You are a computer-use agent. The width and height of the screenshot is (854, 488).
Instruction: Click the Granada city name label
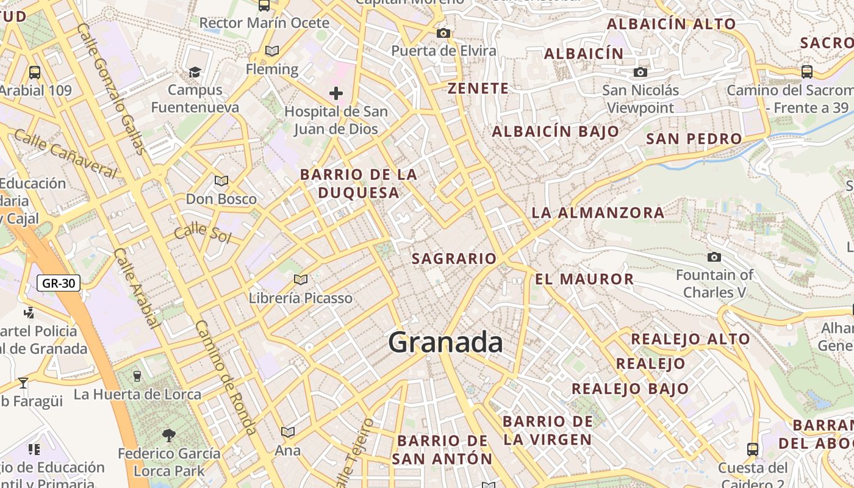pos(445,342)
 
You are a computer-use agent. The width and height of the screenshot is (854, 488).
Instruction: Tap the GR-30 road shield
pos(59,283)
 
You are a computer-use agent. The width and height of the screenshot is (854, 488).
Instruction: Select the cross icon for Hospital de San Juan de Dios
pos(335,93)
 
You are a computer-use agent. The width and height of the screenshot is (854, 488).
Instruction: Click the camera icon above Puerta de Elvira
pos(443,33)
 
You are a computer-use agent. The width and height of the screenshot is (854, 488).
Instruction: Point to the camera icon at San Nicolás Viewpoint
pos(640,73)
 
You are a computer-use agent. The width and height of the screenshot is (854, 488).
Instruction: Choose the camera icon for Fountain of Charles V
pos(714,257)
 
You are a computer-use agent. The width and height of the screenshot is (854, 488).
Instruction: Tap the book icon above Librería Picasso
pos(300,279)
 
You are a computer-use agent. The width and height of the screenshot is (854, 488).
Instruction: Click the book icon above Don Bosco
pos(221,181)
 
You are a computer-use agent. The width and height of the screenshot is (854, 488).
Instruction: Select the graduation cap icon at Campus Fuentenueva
pos(195,72)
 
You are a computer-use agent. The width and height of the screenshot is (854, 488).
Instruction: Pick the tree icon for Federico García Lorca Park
pos(169,435)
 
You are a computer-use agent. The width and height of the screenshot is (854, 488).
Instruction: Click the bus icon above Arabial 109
pos(35,72)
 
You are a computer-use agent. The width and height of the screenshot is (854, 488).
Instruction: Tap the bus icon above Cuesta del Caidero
pos(753,450)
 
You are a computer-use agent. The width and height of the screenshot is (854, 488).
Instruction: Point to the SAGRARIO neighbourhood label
pos(454,259)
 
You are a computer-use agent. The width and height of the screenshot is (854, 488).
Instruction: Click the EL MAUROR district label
pos(584,279)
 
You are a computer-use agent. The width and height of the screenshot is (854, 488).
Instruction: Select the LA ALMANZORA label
pos(598,212)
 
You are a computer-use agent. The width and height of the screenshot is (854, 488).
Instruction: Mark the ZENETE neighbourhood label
pos(478,88)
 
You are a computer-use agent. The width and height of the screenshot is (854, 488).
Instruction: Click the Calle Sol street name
pos(203,234)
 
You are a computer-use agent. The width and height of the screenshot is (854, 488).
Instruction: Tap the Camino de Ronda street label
pos(226,378)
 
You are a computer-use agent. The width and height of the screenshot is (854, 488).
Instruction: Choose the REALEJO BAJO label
pos(630,389)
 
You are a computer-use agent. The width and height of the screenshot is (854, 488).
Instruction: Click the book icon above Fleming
pos(272,51)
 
